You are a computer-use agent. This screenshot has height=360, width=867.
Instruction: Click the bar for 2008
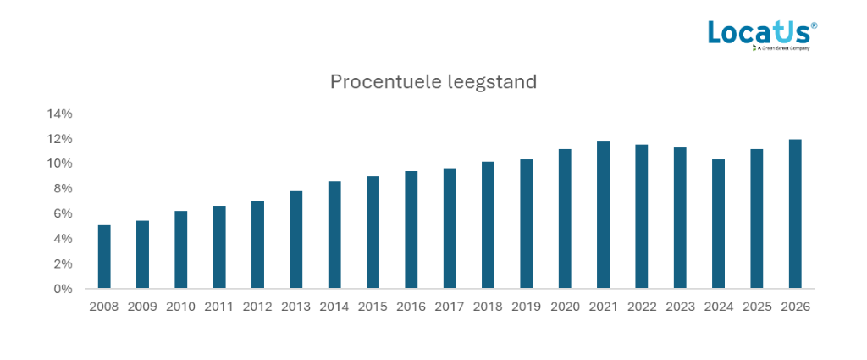tap(104, 257)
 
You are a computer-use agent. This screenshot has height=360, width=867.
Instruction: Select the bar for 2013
tap(296, 240)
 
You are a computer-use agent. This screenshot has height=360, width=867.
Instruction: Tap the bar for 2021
tap(603, 215)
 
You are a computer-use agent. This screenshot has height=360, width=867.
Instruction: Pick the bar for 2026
tap(795, 214)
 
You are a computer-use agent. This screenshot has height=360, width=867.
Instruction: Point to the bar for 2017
tap(450, 229)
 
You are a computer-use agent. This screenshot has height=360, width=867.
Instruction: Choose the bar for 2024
tap(718, 224)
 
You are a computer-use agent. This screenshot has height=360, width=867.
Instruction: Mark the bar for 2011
tap(219, 247)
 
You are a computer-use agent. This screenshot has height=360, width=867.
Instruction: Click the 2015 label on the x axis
tap(373, 307)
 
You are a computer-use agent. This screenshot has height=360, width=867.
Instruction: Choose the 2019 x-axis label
tap(526, 307)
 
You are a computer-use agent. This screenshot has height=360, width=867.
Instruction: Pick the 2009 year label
tap(142, 307)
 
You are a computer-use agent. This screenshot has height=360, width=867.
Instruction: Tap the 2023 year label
tap(680, 307)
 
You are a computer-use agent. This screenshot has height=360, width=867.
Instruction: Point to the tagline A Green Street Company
tap(783, 49)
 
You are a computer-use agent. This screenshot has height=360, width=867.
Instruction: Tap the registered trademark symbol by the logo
tap(815, 25)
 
